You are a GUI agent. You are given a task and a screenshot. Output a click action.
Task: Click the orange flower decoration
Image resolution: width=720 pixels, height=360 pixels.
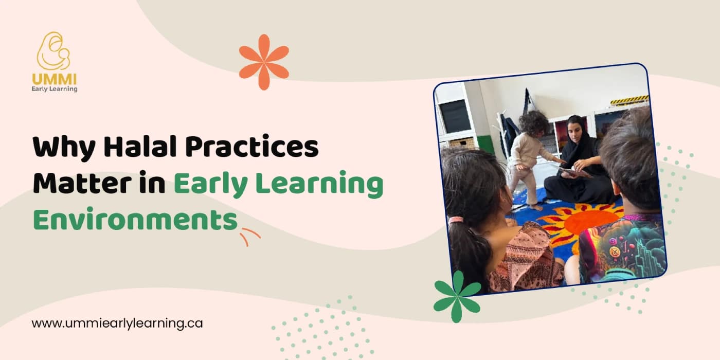(x=264, y=62)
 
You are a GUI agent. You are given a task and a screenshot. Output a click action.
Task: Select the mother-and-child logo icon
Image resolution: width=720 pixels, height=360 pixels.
(x=53, y=51)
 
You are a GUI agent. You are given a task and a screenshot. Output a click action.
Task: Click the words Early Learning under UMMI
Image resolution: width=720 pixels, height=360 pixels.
(x=54, y=89)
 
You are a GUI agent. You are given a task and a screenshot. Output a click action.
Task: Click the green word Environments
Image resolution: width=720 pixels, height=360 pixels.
(x=135, y=220)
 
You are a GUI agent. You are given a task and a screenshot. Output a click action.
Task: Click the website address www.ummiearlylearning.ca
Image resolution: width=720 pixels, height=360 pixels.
(x=117, y=323)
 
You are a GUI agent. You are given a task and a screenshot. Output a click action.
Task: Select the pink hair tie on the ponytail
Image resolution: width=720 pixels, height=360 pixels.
(x=456, y=220)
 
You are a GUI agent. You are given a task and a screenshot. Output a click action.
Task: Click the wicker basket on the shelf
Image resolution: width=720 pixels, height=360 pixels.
(x=462, y=142)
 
